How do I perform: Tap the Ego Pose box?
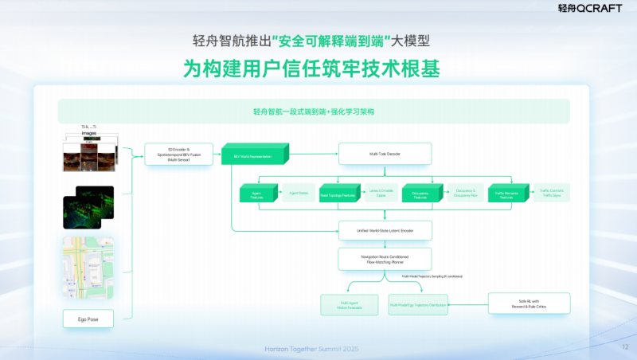click(88, 319)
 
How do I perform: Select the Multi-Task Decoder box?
click(385, 153)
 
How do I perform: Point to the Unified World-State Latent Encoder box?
click(385, 230)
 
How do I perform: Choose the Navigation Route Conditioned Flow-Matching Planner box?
click(385, 258)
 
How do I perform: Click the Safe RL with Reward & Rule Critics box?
click(528, 303)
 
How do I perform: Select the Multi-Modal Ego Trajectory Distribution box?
click(417, 303)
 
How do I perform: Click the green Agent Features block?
click(256, 193)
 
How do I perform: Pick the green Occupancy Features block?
click(421, 193)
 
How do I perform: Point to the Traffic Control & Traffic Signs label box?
click(556, 193)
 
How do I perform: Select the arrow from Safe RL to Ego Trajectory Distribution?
click(467, 303)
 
